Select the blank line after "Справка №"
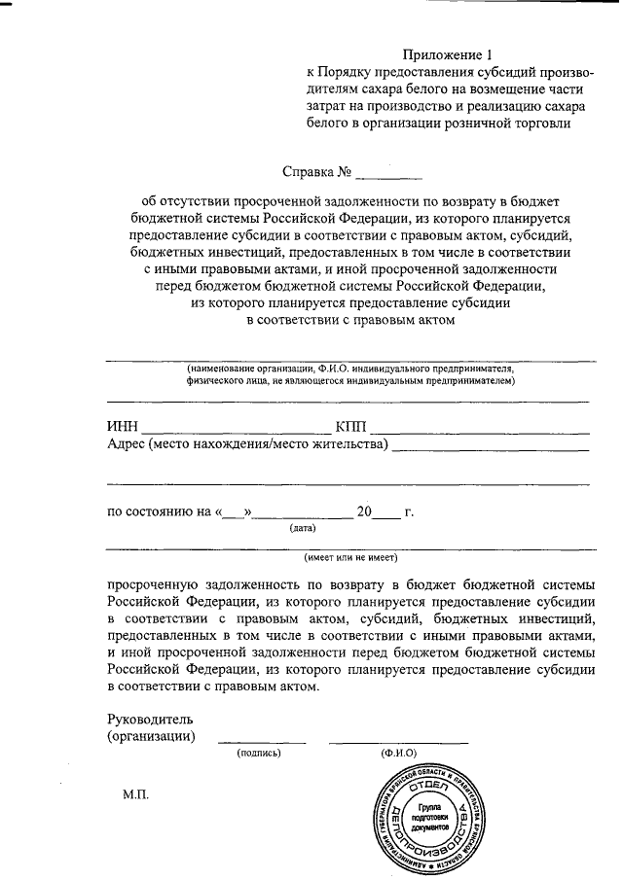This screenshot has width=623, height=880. click(x=389, y=178)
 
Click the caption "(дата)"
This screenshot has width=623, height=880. click(x=301, y=530)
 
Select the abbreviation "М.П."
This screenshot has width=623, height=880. click(x=136, y=794)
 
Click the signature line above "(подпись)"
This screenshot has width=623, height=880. click(x=261, y=742)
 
